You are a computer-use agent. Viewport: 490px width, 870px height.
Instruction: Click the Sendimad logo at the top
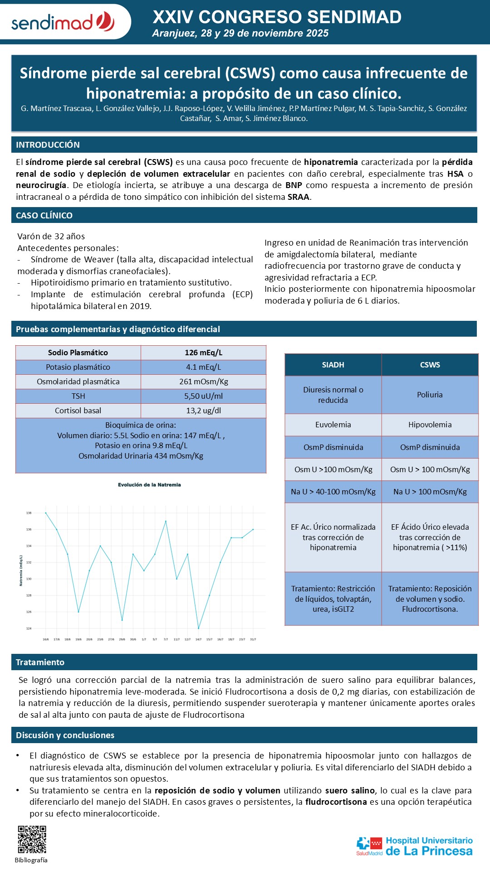(63, 22)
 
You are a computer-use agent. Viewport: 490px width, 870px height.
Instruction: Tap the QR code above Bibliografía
(32, 840)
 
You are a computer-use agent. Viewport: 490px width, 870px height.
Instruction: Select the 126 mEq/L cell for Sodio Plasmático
(203, 353)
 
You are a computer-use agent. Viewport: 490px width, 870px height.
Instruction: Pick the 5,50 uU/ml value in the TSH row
(203, 396)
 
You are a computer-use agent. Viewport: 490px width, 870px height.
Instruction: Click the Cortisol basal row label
(78, 411)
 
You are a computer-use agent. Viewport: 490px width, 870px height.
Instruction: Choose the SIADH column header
(333, 365)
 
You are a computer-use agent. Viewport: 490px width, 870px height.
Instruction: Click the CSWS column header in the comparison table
(430, 365)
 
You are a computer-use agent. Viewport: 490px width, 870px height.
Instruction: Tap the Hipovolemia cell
(430, 425)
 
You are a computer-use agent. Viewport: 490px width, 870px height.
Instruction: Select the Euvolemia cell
(333, 425)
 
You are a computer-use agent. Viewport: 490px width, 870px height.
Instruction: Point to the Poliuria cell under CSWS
(430, 395)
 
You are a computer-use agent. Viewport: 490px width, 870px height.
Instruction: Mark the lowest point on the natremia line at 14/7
(198, 628)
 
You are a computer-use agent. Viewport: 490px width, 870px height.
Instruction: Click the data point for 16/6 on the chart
(46, 513)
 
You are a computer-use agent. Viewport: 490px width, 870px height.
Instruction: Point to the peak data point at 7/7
(166, 521)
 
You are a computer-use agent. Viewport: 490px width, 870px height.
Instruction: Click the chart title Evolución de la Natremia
(149, 485)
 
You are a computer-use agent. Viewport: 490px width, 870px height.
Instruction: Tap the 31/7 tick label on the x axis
(253, 639)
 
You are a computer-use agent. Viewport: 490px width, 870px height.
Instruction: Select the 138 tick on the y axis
(29, 513)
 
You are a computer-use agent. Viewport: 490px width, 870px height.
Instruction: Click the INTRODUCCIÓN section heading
(48, 145)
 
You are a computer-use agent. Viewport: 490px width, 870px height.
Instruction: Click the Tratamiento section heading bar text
(40, 662)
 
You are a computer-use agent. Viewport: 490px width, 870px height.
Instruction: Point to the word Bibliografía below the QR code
(31, 860)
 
